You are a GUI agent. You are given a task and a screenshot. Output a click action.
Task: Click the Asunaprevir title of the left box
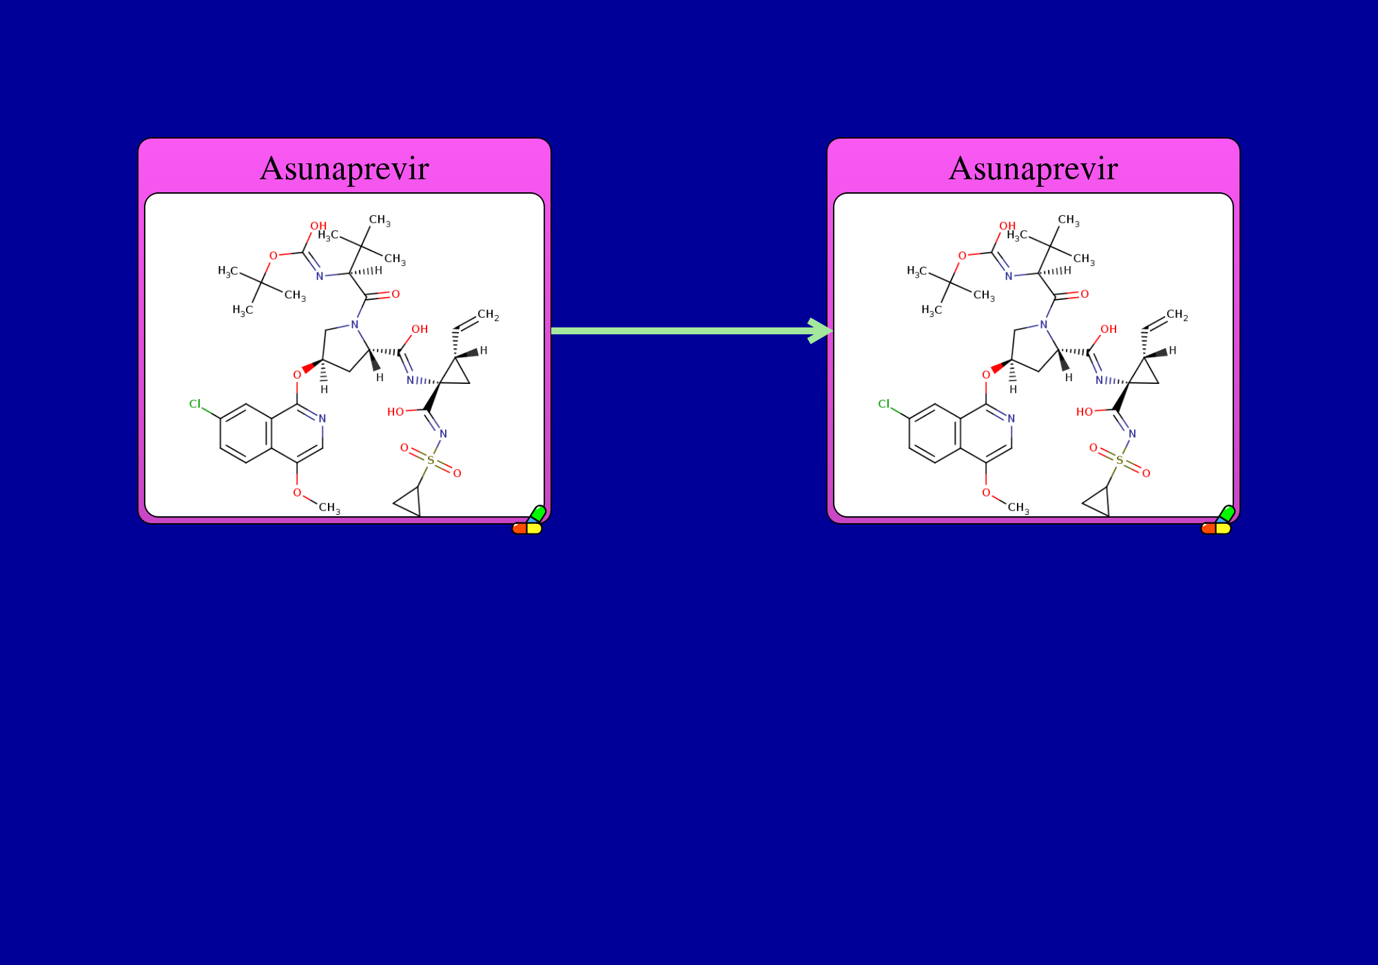click(344, 169)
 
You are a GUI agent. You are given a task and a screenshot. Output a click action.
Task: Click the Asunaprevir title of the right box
click(1033, 169)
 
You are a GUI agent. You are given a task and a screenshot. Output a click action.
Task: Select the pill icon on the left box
click(528, 520)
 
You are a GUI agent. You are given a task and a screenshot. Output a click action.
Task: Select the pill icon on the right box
click(1217, 520)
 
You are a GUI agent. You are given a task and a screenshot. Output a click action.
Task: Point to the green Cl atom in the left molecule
click(195, 404)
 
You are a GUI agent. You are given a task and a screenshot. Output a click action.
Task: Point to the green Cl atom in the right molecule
click(884, 404)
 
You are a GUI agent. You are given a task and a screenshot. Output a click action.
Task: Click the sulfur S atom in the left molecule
click(431, 460)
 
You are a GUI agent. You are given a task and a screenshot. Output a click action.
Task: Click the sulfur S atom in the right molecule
click(1120, 460)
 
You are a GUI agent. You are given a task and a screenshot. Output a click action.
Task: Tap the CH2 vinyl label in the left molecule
click(488, 315)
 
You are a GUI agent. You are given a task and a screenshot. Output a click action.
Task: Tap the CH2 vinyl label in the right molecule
click(1177, 315)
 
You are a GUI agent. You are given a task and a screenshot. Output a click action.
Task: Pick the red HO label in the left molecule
click(395, 412)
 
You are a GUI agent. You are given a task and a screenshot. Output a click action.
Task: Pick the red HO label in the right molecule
click(1084, 412)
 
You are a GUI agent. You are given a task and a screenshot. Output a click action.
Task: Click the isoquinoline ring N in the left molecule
click(322, 418)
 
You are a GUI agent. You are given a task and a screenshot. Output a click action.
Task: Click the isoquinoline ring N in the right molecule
click(1011, 418)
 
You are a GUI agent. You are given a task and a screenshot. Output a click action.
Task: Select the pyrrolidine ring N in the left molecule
click(355, 325)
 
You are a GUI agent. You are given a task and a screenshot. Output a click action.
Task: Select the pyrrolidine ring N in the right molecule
click(1044, 325)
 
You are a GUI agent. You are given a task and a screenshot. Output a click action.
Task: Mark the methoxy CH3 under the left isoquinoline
click(329, 508)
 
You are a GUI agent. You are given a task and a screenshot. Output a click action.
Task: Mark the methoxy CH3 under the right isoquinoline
click(1018, 508)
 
